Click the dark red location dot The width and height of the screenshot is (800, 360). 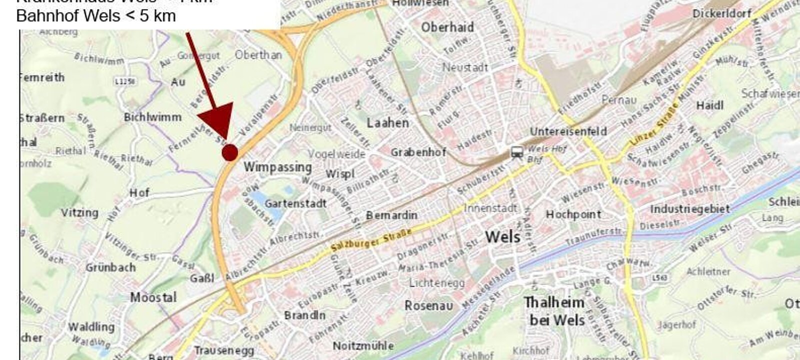point(229,152)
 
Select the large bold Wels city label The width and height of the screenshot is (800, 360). point(502,236)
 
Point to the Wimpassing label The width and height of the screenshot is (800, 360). point(278,167)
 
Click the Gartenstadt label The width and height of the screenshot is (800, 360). point(295,203)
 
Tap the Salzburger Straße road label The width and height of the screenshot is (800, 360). point(371,240)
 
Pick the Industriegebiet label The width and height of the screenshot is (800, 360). point(690,209)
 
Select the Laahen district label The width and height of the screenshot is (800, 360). point(387,122)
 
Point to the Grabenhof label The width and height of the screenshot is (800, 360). point(418,152)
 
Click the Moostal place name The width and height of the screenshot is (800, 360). point(153,297)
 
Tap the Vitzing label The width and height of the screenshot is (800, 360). point(79,212)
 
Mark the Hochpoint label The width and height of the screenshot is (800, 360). point(573,214)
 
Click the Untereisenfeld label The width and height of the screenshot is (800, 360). point(568,131)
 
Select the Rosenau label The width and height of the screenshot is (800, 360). point(428,305)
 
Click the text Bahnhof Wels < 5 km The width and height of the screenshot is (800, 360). point(96,16)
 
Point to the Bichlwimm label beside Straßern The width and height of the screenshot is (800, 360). point(152,117)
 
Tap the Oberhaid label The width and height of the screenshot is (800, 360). point(447,27)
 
